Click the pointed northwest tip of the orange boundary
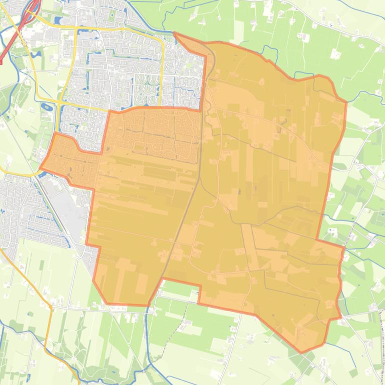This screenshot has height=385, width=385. [x=174, y=33]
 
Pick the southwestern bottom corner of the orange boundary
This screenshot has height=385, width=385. [x=107, y=303]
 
